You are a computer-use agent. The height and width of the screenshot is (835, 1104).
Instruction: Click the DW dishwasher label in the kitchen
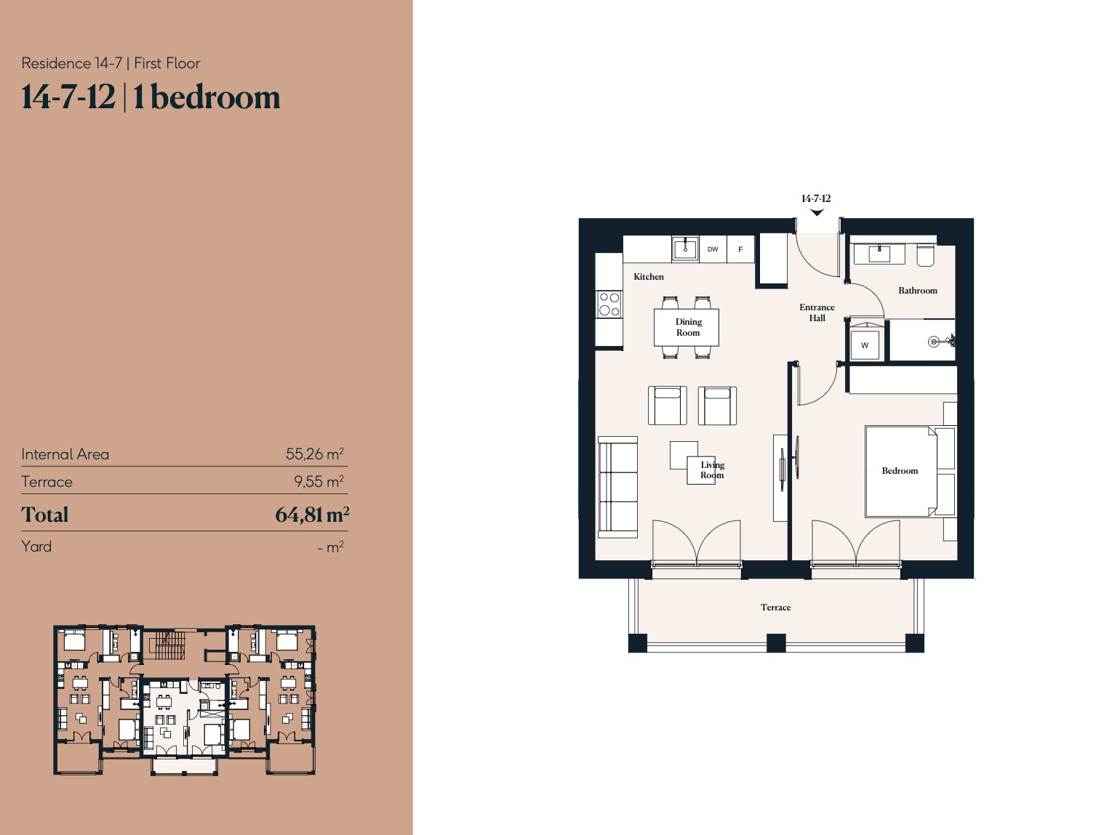(713, 249)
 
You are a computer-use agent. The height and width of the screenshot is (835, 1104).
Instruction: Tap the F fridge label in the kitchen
(740, 249)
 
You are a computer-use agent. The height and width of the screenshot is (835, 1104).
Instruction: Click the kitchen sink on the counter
(685, 249)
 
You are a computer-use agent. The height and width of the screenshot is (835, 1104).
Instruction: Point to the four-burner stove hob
(609, 304)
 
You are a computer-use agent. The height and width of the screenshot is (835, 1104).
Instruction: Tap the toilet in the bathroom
(925, 255)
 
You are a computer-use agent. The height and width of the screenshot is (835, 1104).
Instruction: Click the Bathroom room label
(918, 291)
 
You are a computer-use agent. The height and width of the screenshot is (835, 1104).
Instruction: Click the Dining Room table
(687, 327)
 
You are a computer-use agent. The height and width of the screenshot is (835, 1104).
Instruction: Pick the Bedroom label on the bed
(900, 471)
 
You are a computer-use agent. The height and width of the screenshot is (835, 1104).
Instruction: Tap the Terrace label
(775, 608)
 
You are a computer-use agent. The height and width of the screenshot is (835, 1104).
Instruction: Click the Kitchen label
(649, 277)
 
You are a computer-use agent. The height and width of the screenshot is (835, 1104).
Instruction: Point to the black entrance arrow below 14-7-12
(817, 212)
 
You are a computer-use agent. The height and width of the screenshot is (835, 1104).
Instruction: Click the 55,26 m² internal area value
(315, 453)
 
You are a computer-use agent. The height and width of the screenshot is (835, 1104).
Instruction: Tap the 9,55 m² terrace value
(319, 481)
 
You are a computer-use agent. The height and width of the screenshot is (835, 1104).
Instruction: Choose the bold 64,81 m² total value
(312, 515)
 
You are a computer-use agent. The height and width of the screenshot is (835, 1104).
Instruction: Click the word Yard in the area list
(36, 546)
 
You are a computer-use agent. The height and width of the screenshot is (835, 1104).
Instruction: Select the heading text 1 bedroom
(207, 97)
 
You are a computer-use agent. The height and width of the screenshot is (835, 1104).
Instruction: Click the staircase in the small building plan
(170, 645)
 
